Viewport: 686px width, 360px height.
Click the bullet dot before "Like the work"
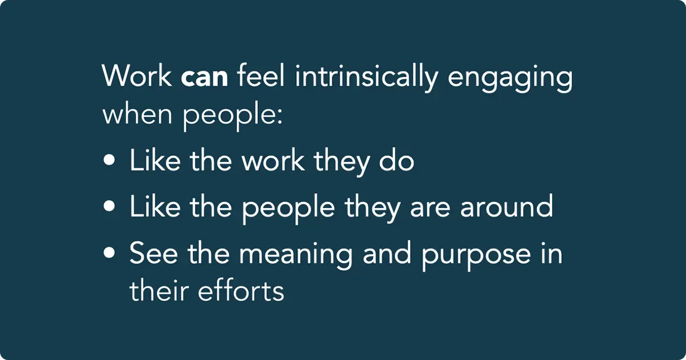pyautogui.click(x=109, y=162)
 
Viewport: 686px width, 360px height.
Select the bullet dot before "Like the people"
pyautogui.click(x=109, y=206)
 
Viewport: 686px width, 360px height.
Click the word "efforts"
pyautogui.click(x=241, y=291)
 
